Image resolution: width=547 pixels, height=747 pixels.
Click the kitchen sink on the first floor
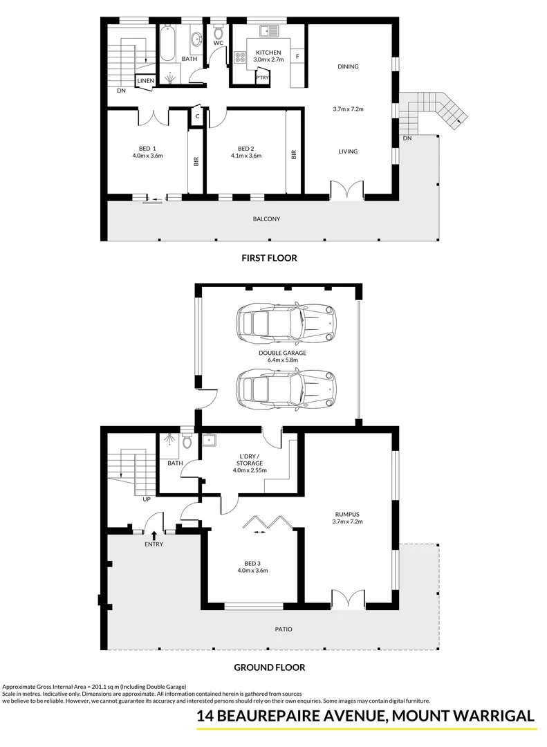268,31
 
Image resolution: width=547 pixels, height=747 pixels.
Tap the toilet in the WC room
219,32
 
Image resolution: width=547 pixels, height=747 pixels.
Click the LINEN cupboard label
145,82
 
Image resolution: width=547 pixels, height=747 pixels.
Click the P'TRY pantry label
261,77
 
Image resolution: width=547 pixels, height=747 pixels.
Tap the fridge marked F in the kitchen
297,55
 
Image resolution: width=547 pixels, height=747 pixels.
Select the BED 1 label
147,148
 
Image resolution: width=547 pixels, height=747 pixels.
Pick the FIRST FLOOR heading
269,258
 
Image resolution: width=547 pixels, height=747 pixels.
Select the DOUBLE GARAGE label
282,353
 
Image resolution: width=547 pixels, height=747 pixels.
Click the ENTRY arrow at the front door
154,534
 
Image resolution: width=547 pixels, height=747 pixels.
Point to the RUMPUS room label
348,514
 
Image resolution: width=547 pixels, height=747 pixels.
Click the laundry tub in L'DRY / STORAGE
209,439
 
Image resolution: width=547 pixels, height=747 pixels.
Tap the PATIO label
283,629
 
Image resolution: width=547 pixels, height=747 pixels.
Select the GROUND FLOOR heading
269,668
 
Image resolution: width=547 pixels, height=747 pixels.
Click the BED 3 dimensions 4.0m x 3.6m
252,571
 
